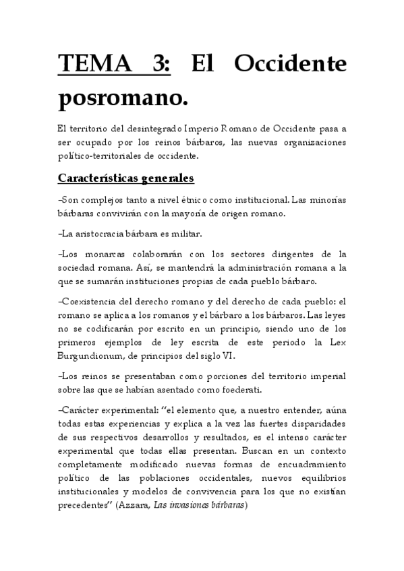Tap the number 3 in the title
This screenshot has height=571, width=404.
(x=163, y=65)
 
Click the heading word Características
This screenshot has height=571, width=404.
(x=97, y=178)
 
